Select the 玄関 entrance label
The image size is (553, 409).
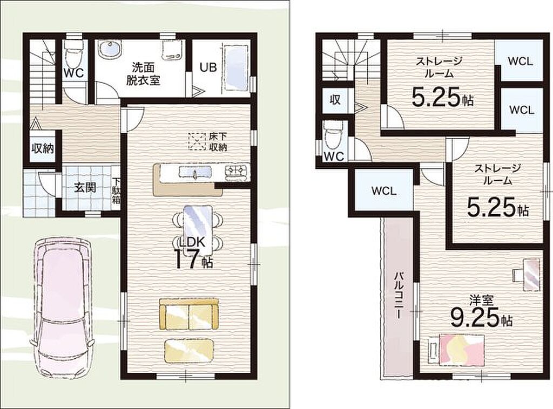click(x=85, y=187)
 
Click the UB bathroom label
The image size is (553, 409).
click(x=208, y=67)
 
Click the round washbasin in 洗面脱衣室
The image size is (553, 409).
click(x=109, y=50)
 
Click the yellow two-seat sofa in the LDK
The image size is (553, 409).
click(x=189, y=314)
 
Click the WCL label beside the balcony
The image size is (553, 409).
click(x=384, y=191)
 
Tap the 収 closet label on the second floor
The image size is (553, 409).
click(x=335, y=100)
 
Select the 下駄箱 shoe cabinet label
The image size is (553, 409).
click(x=117, y=192)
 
